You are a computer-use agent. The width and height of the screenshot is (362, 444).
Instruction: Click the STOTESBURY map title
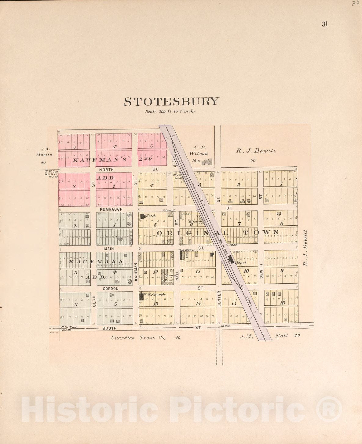tap(171, 102)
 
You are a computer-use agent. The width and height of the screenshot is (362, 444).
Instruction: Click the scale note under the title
tap(170, 111)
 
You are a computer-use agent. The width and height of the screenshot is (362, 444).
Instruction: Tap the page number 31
tap(324, 24)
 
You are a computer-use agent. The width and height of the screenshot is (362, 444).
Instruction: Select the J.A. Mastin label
tap(45, 152)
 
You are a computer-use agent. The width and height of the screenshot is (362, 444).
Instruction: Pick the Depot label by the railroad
tap(240, 262)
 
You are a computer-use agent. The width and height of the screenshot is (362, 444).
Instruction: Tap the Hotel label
tap(151, 216)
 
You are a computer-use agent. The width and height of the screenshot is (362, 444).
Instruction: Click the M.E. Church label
tap(155, 294)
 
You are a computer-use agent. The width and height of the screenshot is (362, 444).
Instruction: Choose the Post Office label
tap(186, 250)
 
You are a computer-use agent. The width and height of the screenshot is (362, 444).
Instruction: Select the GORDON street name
tap(111, 288)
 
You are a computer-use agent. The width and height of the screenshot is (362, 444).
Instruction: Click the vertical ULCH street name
tap(94, 301)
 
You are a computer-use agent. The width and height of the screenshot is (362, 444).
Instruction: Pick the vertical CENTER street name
tap(219, 299)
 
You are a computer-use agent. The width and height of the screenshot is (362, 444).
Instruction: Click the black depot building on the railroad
tap(231, 259)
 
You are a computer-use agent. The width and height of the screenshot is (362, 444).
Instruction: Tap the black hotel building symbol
tap(143, 216)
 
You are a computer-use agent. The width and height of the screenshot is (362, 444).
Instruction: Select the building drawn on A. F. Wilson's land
tap(208, 162)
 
